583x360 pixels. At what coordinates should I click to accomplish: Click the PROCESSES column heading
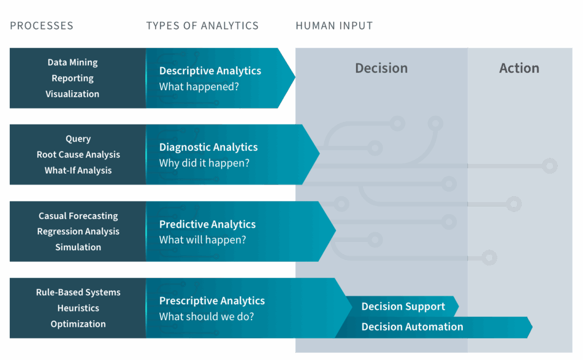coord(41,26)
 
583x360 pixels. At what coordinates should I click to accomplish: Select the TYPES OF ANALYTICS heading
coord(202,26)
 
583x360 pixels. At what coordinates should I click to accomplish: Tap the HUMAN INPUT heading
coord(334,26)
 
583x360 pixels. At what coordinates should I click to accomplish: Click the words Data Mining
coord(73,62)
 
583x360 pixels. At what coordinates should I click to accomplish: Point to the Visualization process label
coord(73,94)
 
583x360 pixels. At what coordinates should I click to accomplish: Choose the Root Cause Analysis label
coord(78,155)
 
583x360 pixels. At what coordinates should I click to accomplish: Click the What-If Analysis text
coord(78,170)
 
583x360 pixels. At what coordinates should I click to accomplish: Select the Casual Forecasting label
coord(78,216)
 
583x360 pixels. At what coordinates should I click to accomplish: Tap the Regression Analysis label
coord(78,232)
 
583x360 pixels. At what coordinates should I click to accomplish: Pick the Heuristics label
coord(78,308)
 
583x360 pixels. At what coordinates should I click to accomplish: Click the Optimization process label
coord(78,324)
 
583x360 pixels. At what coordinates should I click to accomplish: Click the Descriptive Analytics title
coord(210,71)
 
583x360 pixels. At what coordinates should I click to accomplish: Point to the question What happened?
coord(199,86)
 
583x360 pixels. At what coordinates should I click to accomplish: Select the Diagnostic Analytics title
coord(209,147)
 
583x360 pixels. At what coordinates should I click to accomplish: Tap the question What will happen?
coord(203,240)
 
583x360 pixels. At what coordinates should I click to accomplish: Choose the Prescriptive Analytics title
coord(212,301)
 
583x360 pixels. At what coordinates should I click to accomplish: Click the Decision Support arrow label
coord(403,306)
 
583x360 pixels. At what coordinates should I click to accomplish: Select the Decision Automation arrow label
coord(412,327)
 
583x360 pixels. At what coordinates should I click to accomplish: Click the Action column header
coord(519,68)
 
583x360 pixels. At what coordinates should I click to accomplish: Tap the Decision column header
coord(381,68)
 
